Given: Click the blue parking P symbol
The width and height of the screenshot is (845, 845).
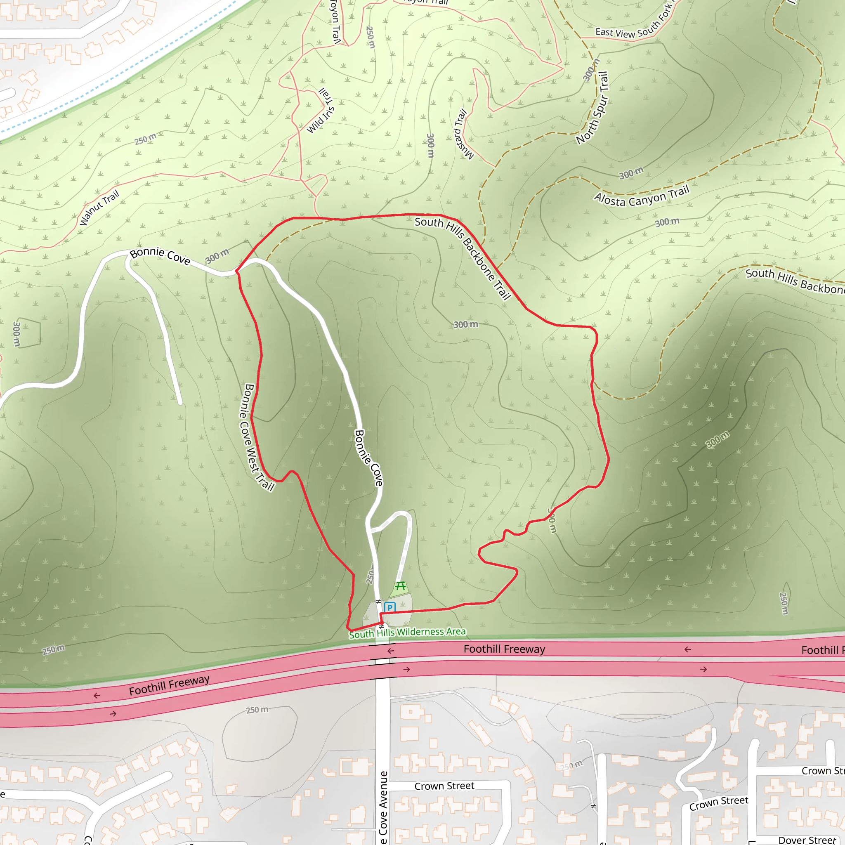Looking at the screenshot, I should [x=389, y=607].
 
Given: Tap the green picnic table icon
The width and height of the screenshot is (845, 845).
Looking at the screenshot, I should [x=401, y=586].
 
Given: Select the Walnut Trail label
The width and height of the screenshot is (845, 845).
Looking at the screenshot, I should [x=99, y=208].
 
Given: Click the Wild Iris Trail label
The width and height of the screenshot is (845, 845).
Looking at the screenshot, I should [x=321, y=111].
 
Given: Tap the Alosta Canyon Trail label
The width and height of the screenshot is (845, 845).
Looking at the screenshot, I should [x=642, y=196].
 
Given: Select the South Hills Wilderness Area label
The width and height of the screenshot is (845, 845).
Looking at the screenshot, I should [x=407, y=633].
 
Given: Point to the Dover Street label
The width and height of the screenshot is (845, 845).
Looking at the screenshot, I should [x=807, y=840].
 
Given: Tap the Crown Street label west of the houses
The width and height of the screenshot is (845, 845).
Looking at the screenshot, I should [x=444, y=786].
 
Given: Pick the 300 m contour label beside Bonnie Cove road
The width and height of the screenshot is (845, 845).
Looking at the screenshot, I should [x=217, y=256].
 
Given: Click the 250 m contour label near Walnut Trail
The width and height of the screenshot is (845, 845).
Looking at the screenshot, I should [x=145, y=139].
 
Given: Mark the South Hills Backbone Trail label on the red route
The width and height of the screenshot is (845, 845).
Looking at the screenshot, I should [x=463, y=258].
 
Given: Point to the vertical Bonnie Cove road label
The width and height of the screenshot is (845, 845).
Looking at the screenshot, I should [x=368, y=458].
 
